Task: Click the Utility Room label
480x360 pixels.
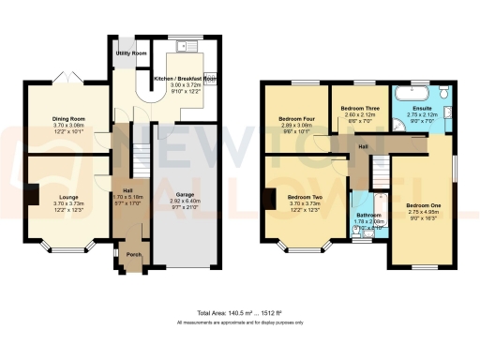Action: [x=130, y=54]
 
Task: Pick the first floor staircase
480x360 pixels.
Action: [x=382, y=171]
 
